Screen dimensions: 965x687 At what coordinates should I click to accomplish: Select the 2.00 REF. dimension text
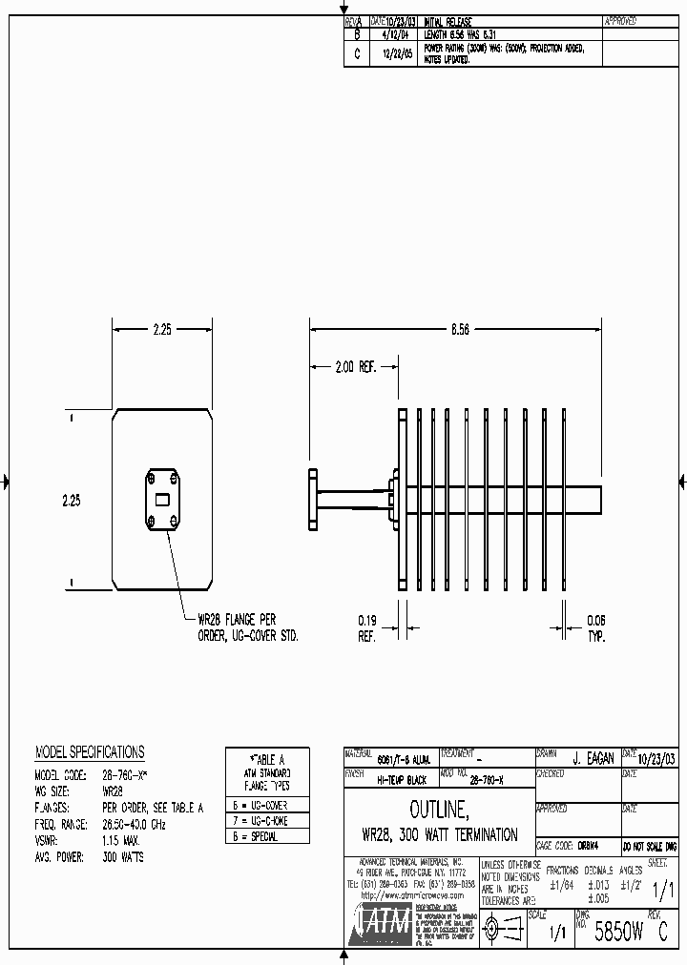pyautogui.click(x=354, y=366)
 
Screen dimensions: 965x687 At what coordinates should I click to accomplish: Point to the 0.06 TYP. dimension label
pyautogui.click(x=594, y=626)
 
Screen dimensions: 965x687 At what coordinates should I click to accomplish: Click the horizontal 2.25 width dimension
pyautogui.click(x=162, y=329)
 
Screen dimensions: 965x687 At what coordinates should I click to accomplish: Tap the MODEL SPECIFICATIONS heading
pyautogui.click(x=90, y=752)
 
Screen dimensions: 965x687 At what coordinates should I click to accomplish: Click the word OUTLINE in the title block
pyautogui.click(x=439, y=811)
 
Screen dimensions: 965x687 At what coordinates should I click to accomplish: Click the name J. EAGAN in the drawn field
pyautogui.click(x=593, y=759)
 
